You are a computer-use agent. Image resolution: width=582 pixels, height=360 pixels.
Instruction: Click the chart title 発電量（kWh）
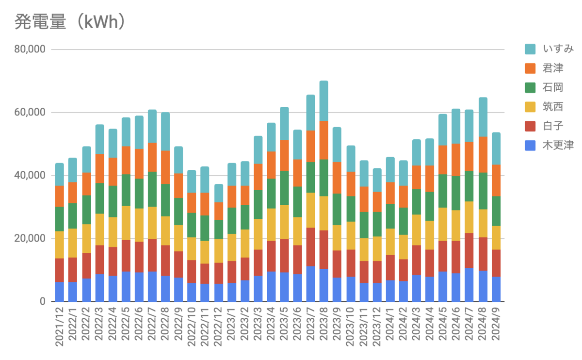click(x=71, y=22)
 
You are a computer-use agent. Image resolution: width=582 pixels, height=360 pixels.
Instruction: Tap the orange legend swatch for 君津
click(x=530, y=68)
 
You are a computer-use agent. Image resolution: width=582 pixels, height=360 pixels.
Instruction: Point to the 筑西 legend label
click(x=553, y=107)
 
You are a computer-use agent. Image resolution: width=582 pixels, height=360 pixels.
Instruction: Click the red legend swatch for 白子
click(x=530, y=126)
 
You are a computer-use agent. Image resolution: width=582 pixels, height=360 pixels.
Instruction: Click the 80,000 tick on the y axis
click(x=30, y=49)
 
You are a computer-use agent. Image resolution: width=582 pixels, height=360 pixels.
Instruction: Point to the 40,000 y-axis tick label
click(x=30, y=176)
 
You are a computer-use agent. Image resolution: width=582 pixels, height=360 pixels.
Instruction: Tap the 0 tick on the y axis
click(x=43, y=302)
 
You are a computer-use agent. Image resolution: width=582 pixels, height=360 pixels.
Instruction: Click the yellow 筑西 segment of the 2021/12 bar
click(x=60, y=245)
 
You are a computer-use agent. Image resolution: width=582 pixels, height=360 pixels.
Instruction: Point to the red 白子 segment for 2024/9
click(x=496, y=263)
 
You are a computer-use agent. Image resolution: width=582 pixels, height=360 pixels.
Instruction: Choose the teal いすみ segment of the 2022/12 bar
click(x=218, y=193)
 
